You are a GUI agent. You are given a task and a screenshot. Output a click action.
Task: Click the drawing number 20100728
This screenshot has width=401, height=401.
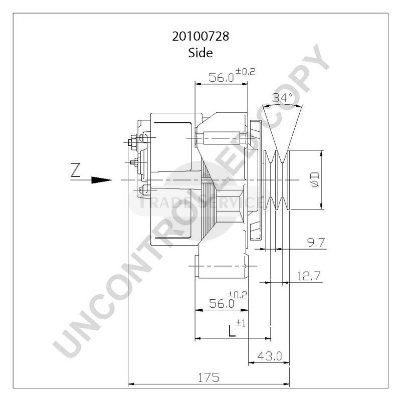pyautogui.click(x=200, y=37)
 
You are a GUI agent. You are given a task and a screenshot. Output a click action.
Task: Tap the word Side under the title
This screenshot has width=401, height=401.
pyautogui.click(x=200, y=52)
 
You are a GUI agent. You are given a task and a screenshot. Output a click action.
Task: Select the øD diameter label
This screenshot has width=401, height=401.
pyautogui.click(x=315, y=179)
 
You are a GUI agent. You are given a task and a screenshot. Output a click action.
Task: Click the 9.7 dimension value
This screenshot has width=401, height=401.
pyautogui.click(x=316, y=243)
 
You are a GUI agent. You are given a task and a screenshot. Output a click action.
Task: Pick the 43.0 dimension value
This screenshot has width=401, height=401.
pyautogui.click(x=269, y=356)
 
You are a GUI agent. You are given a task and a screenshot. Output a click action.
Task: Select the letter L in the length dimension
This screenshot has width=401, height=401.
pyautogui.click(x=232, y=331)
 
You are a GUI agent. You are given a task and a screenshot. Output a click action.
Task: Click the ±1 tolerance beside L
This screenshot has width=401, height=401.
pyautogui.click(x=241, y=324)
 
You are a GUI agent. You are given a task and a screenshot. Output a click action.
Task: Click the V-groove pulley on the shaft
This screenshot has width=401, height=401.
pyautogui.click(x=278, y=179)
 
